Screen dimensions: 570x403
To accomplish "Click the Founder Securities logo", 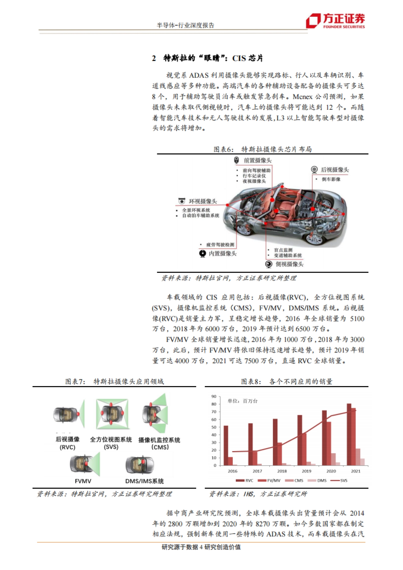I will (335, 21).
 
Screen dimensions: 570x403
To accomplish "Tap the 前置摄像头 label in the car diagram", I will (257, 160).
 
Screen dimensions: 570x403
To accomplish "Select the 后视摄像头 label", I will (334, 170).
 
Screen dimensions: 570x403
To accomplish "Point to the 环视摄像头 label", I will (203, 201).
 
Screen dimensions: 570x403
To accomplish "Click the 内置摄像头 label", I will (222, 253).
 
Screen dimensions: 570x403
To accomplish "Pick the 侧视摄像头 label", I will (289, 264).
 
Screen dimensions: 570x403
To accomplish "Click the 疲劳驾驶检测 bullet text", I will (220, 245).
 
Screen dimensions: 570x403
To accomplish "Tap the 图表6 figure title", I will (262, 149).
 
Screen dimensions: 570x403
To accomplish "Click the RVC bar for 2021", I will (349, 434).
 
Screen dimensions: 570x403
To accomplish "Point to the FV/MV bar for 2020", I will (329, 443).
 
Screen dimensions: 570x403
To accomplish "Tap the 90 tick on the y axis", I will (214, 396).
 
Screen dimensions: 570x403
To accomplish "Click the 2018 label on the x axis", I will (282, 471).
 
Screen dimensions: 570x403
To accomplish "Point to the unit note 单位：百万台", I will (242, 401).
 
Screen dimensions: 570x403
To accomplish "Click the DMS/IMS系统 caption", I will (144, 481).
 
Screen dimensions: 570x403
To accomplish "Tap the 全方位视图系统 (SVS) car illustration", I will (112, 414).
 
